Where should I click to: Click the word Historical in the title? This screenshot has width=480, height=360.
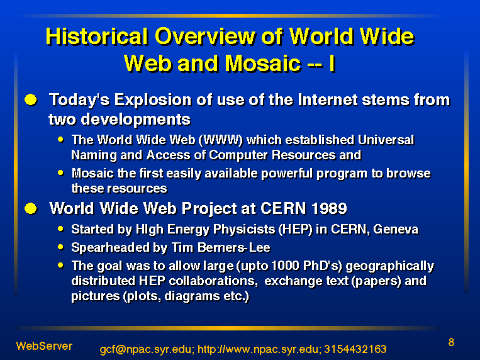click(x=97, y=37)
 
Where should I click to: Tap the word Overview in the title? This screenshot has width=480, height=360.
click(x=205, y=37)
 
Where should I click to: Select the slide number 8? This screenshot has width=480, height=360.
click(x=451, y=342)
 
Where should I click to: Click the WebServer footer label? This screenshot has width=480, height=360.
click(x=44, y=346)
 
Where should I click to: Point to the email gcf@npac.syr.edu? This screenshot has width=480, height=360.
click(x=147, y=349)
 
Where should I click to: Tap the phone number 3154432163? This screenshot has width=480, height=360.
click(x=355, y=349)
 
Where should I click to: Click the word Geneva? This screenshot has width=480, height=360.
click(x=396, y=229)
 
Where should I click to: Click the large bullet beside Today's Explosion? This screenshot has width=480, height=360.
click(x=31, y=100)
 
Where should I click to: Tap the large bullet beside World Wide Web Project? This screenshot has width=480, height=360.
click(x=31, y=209)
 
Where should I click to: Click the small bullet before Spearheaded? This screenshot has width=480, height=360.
click(x=60, y=247)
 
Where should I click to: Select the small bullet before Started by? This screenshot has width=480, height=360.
click(x=60, y=228)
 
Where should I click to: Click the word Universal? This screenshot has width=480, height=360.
click(x=386, y=140)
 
